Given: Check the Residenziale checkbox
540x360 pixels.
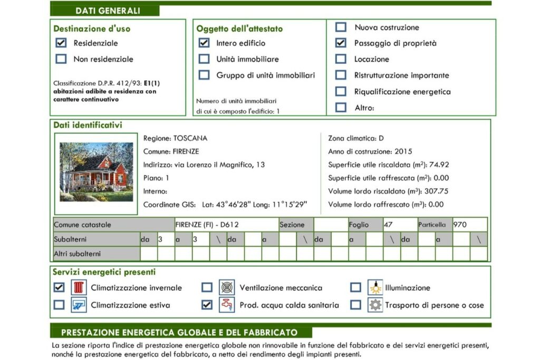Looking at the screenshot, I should (61, 43).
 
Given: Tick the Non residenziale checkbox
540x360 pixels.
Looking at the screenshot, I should (61, 59).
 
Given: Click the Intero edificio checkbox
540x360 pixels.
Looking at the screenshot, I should (204, 43).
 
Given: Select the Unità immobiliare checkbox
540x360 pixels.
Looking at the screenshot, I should (204, 59).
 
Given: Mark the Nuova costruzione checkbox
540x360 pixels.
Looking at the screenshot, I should (341, 27).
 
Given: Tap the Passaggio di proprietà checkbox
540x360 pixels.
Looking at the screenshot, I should (341, 43).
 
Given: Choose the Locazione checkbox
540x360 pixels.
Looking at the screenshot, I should (341, 59).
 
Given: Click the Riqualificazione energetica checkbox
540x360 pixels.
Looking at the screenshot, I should (341, 91).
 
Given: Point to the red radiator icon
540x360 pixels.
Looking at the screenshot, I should (79, 288).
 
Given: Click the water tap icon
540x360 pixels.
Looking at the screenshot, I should (227, 305).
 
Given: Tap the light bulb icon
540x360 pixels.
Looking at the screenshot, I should (375, 288).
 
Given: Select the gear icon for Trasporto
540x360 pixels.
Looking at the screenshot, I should (375, 305).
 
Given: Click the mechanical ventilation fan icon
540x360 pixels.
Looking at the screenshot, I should (227, 288).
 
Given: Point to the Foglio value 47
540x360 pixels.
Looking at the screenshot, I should (388, 225).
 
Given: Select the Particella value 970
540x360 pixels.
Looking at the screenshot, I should (460, 225).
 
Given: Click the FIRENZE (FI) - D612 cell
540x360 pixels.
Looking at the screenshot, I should (207, 225).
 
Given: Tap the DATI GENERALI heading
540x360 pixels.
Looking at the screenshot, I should (108, 11).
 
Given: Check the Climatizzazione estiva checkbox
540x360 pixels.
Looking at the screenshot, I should (60, 305).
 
